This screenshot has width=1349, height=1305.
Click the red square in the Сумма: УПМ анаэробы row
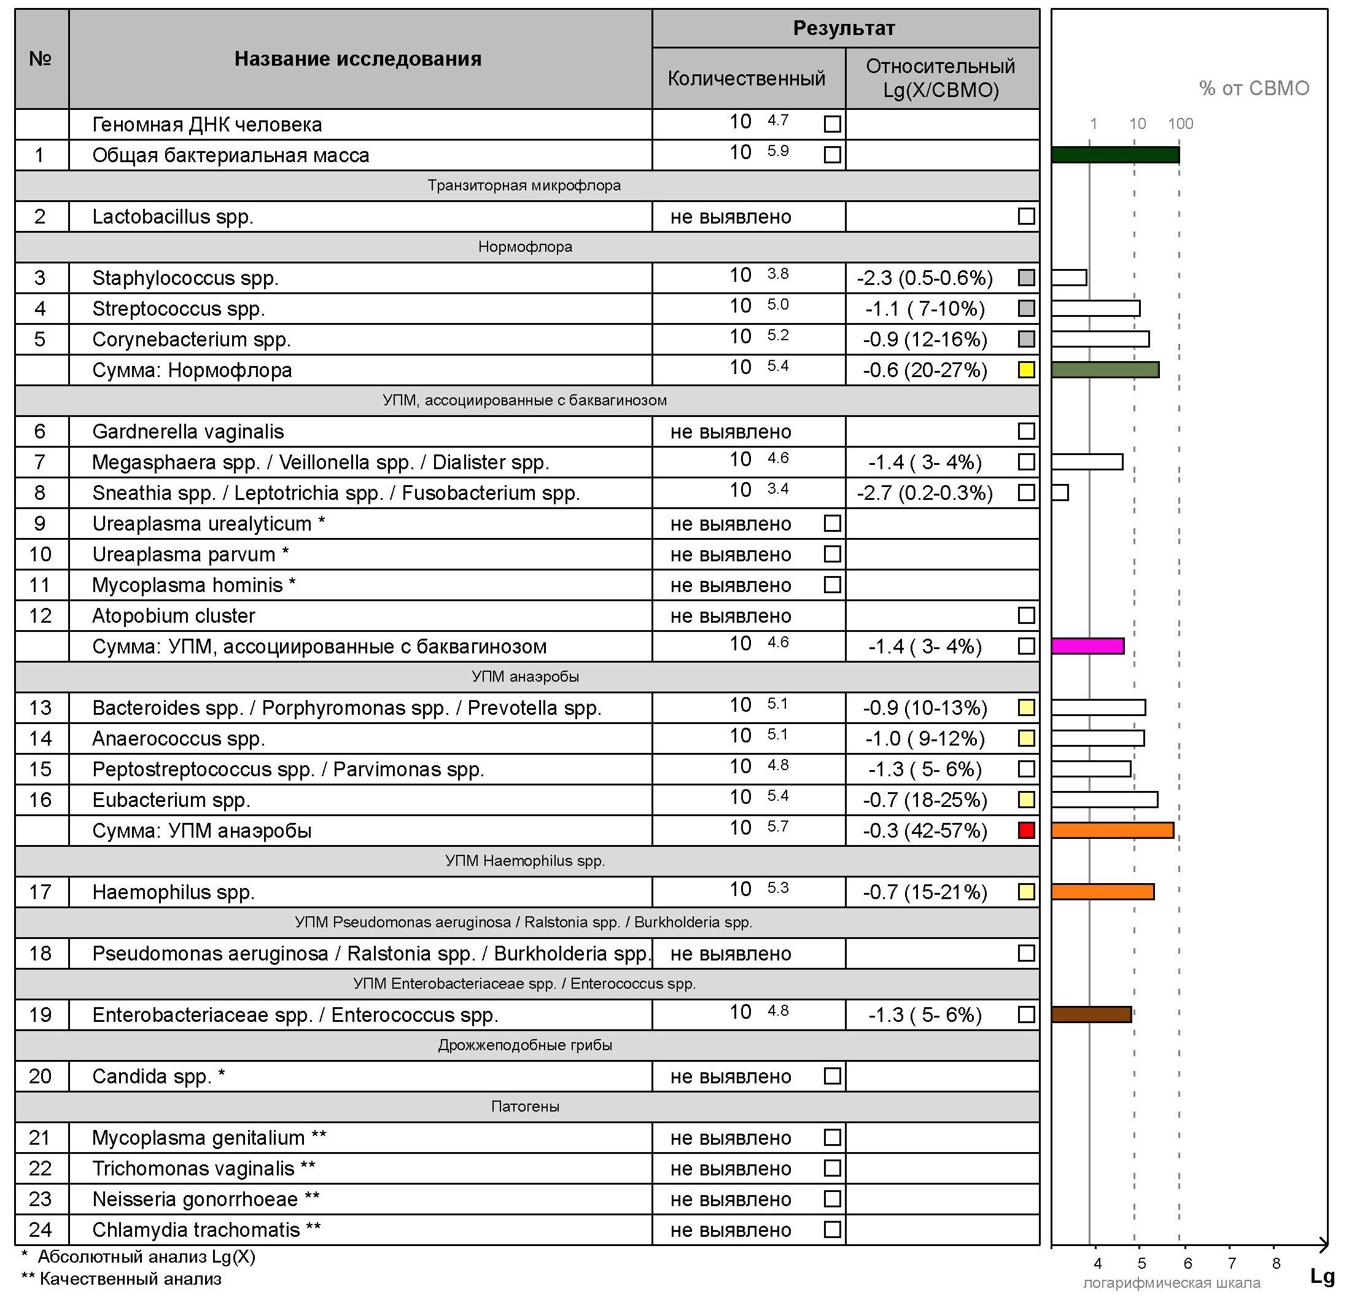(x=1025, y=830)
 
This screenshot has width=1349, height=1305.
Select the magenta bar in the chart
(x=1087, y=645)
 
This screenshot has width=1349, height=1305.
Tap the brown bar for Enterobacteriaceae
(x=1091, y=1014)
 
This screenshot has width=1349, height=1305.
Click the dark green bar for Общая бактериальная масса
(x=1115, y=155)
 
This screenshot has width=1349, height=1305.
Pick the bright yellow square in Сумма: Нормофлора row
(x=1025, y=370)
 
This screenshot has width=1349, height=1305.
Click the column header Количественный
(x=746, y=79)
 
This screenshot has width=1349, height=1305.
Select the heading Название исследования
(x=357, y=58)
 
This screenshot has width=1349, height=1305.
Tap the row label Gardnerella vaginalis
(x=188, y=432)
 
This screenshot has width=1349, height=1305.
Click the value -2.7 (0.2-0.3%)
(x=924, y=493)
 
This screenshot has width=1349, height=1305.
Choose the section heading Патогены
(x=524, y=1106)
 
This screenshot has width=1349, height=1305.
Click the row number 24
(x=40, y=1229)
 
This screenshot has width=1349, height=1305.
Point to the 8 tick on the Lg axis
(x=1276, y=1263)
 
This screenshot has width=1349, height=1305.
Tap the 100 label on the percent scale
(x=1180, y=124)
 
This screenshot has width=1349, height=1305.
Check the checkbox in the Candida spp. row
(x=832, y=1076)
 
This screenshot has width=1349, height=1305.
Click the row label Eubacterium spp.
(x=171, y=800)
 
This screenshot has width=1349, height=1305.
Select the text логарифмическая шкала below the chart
(x=1172, y=1283)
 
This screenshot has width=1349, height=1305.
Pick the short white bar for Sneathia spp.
(x=1060, y=493)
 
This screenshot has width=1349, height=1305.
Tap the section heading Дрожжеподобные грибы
(x=524, y=1045)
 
